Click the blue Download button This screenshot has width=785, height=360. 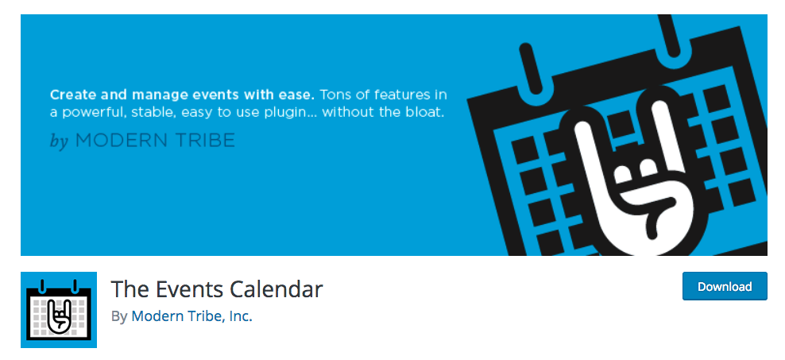725,286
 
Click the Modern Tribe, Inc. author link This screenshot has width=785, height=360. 191,315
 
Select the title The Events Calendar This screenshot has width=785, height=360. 217,288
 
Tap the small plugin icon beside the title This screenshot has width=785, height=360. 59,309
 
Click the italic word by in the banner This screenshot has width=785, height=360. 59,141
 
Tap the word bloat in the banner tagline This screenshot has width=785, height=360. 424,112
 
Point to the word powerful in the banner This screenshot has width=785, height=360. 91,112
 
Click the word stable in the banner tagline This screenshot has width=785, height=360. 152,112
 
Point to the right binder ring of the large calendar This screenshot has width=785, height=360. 678,32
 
